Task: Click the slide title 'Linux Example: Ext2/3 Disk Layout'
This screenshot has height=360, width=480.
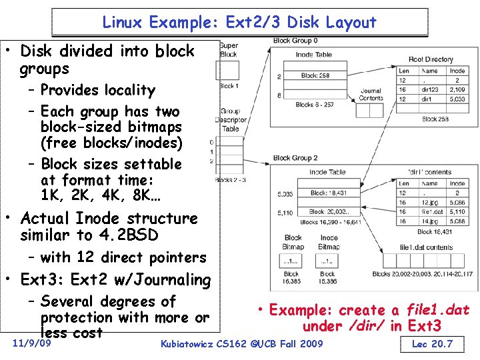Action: [239, 23]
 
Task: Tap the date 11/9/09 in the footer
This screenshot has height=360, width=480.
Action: [33, 344]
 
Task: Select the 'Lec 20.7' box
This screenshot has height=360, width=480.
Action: [431, 344]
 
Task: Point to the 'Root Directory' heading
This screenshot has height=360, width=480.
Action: [431, 59]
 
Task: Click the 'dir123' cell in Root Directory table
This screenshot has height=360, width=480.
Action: [430, 89]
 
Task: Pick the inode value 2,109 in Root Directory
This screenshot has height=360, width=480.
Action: [457, 89]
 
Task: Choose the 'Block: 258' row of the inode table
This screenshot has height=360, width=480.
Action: [315, 76]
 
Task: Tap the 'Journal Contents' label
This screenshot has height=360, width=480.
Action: [371, 94]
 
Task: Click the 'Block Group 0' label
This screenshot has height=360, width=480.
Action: [295, 41]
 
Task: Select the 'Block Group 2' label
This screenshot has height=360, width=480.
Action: [295, 158]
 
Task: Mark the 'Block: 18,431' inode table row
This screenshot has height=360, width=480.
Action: [328, 193]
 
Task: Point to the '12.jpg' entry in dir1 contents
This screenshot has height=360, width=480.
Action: [429, 202]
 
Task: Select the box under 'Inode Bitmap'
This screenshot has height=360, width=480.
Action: [328, 261]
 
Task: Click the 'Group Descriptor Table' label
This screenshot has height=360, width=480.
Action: [230, 121]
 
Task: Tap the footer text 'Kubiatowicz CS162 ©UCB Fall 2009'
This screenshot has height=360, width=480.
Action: [241, 344]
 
